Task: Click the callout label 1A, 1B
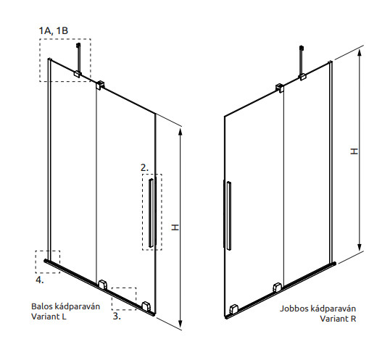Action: (53, 31)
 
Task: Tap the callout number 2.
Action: (144, 168)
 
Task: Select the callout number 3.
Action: (117, 316)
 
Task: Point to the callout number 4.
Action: (40, 280)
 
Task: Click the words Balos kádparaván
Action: (65, 306)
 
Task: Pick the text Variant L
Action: (49, 317)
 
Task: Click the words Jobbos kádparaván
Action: (318, 309)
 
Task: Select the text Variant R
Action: (338, 318)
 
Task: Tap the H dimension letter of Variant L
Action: (175, 227)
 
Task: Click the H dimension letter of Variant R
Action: (354, 151)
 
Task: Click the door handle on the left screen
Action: (151, 213)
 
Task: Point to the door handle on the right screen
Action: (229, 216)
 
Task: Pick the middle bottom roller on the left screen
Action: (102, 285)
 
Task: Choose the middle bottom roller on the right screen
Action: (278, 288)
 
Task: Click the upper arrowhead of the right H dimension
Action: (359, 53)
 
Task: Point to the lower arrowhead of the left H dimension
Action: (181, 324)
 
